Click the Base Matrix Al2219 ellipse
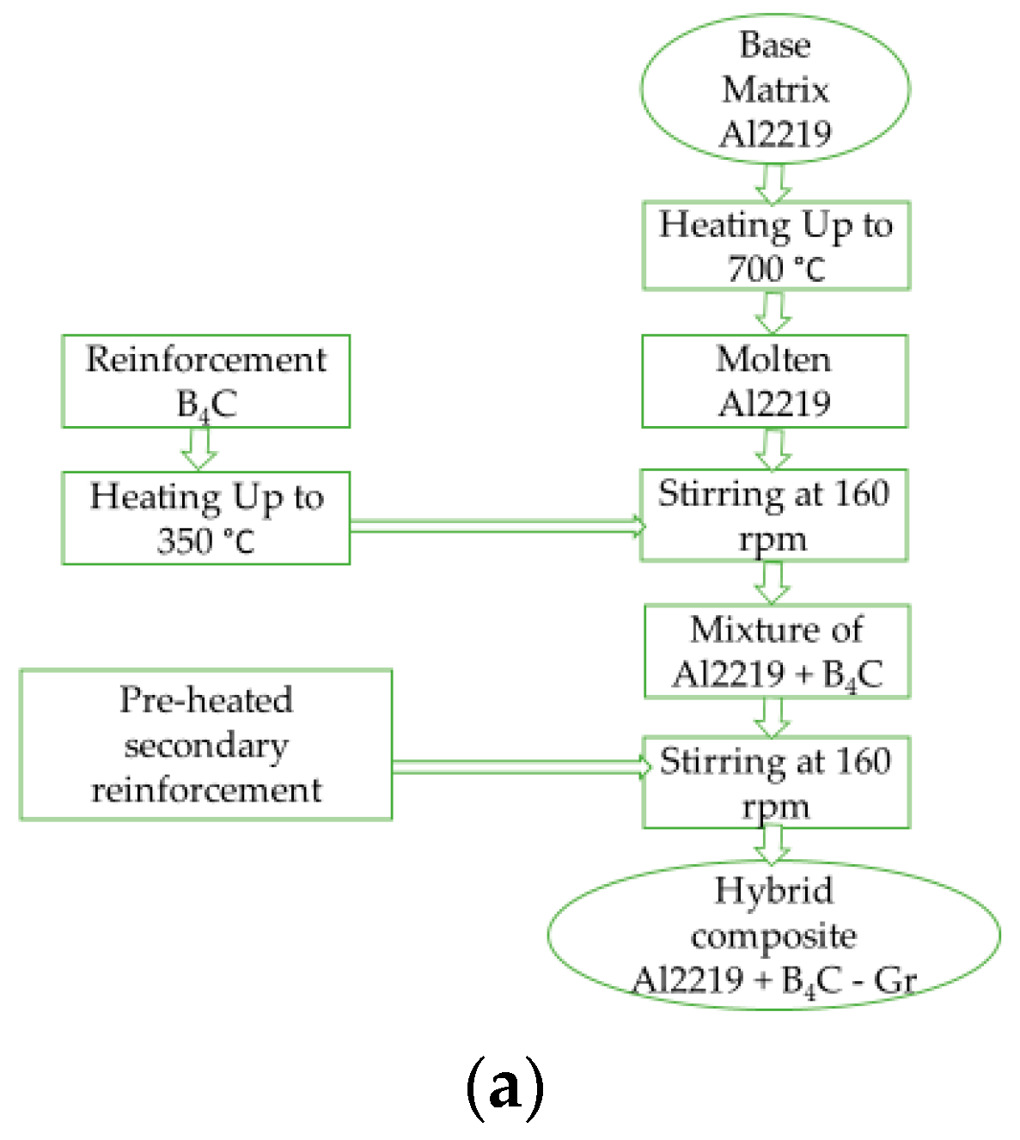(774, 88)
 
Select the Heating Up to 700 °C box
(775, 246)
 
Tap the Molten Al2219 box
(774, 381)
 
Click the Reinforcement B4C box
(205, 381)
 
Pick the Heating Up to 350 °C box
(205, 518)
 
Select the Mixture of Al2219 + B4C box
(777, 651)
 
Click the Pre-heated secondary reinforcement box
(205, 745)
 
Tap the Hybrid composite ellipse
(773, 936)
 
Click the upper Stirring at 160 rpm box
(773, 515)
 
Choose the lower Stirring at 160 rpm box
(775, 783)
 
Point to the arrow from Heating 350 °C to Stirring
(496, 526)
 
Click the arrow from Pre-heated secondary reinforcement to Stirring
(520, 765)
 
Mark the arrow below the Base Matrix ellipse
(773, 183)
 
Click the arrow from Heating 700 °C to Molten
(773, 313)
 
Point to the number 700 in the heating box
(754, 269)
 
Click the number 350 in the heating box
(185, 541)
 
